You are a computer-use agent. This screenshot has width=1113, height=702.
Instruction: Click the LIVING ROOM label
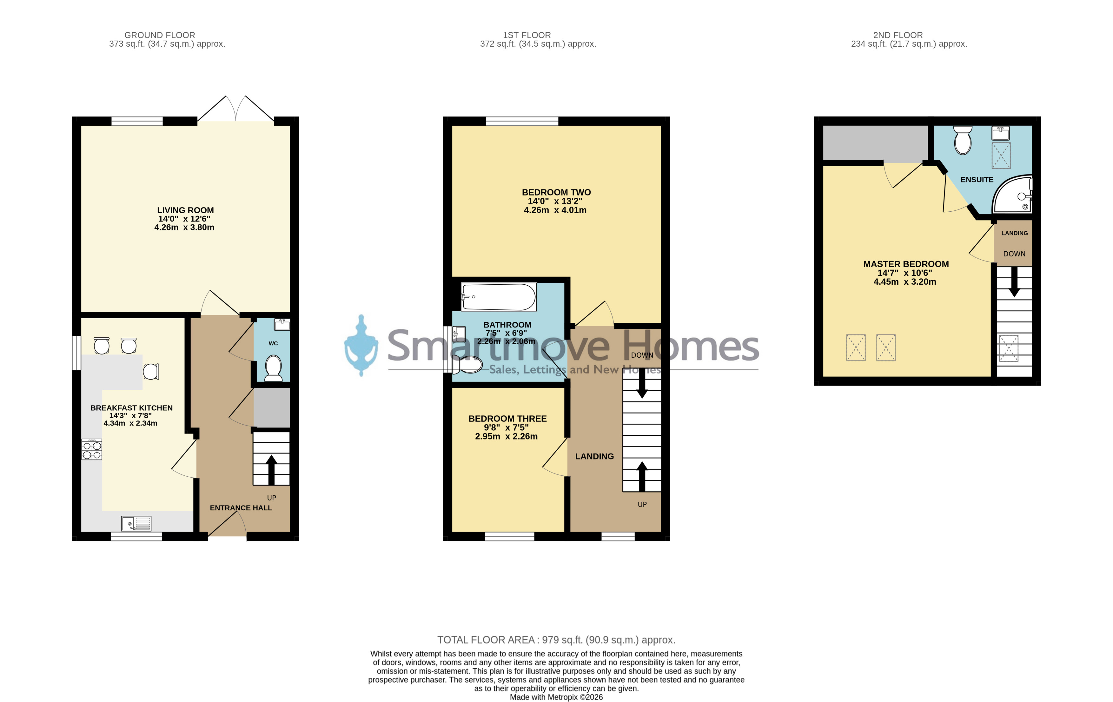(x=185, y=210)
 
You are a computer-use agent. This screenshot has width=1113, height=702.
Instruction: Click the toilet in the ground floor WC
(x=274, y=368)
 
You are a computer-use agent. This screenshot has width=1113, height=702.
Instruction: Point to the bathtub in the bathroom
(x=499, y=297)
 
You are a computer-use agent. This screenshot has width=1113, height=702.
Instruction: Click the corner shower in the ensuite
(x=1013, y=195)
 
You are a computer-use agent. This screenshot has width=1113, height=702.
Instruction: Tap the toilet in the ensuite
(x=963, y=140)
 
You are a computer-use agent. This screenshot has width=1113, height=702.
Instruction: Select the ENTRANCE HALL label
(x=241, y=508)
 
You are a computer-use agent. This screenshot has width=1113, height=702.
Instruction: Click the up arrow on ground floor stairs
(x=271, y=470)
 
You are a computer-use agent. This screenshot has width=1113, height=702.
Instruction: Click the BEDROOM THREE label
(x=507, y=419)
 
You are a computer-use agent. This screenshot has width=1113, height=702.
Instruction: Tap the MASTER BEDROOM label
(x=906, y=264)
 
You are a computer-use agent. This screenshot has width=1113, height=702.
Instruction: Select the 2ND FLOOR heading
(x=898, y=35)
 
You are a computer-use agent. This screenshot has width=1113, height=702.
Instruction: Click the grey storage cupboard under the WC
(x=272, y=407)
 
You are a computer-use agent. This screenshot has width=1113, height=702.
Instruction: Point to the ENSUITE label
(x=977, y=180)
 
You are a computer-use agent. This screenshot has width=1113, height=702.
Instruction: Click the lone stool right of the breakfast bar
(x=151, y=371)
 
